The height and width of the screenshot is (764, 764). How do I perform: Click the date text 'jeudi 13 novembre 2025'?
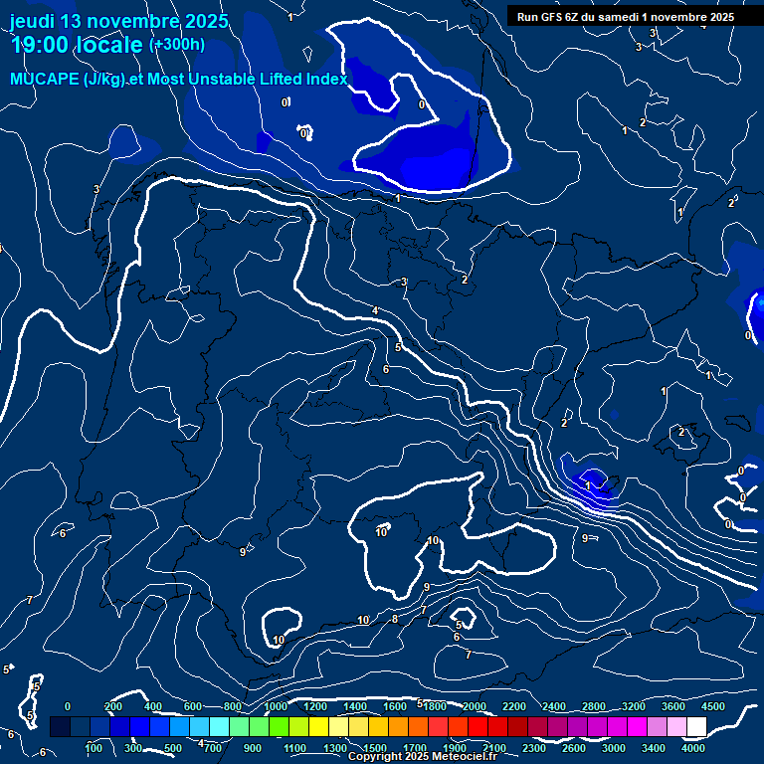118,21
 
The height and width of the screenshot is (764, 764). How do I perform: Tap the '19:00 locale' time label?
77,45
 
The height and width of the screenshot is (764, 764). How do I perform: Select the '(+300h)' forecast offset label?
177,44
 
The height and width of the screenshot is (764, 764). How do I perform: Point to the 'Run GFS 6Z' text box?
626,17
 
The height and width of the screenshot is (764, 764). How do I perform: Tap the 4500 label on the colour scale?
712,706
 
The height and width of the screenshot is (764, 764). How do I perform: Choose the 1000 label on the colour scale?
276,706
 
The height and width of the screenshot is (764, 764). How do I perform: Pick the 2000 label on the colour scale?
475,706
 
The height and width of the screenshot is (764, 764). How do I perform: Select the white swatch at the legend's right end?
696,727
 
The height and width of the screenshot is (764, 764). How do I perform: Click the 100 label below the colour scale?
95,748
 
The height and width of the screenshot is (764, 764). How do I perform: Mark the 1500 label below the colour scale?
375,748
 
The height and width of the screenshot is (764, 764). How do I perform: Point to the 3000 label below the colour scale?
614,748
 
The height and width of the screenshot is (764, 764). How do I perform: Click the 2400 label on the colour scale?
554,706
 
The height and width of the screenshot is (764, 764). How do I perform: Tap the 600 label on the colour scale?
193,706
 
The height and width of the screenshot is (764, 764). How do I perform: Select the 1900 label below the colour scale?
455,748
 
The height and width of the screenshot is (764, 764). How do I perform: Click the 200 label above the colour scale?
113,706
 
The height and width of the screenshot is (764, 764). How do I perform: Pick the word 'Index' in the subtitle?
327,80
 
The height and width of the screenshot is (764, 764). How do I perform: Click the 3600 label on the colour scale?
673,706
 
